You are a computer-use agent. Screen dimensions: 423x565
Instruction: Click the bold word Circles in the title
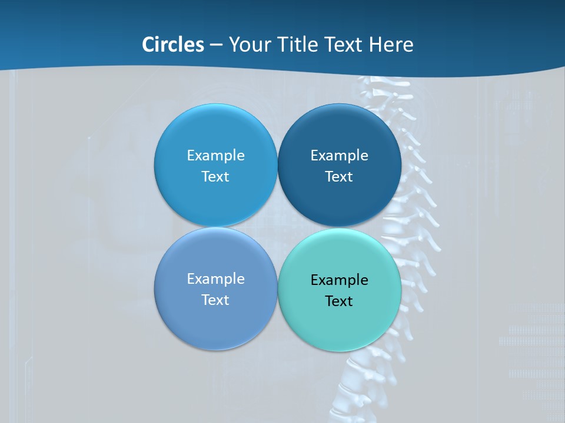[172, 45]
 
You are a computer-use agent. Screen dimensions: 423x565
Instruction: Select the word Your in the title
[248, 45]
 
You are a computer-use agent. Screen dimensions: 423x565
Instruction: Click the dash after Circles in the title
[215, 45]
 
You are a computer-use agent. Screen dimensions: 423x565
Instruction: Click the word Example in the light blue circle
[215, 155]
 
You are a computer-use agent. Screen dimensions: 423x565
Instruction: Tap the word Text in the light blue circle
[215, 176]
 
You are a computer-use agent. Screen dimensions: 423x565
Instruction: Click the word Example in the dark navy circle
[339, 155]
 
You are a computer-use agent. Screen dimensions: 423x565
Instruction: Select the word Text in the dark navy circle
[339, 176]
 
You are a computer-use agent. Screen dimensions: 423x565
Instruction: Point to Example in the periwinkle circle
[215, 278]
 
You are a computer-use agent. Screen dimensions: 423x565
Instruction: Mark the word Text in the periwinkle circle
[215, 300]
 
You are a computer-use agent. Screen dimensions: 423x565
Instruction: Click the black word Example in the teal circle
[339, 280]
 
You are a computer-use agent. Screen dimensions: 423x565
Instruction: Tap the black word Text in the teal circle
[339, 301]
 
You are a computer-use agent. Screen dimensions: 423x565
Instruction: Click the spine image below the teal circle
[359, 382]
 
